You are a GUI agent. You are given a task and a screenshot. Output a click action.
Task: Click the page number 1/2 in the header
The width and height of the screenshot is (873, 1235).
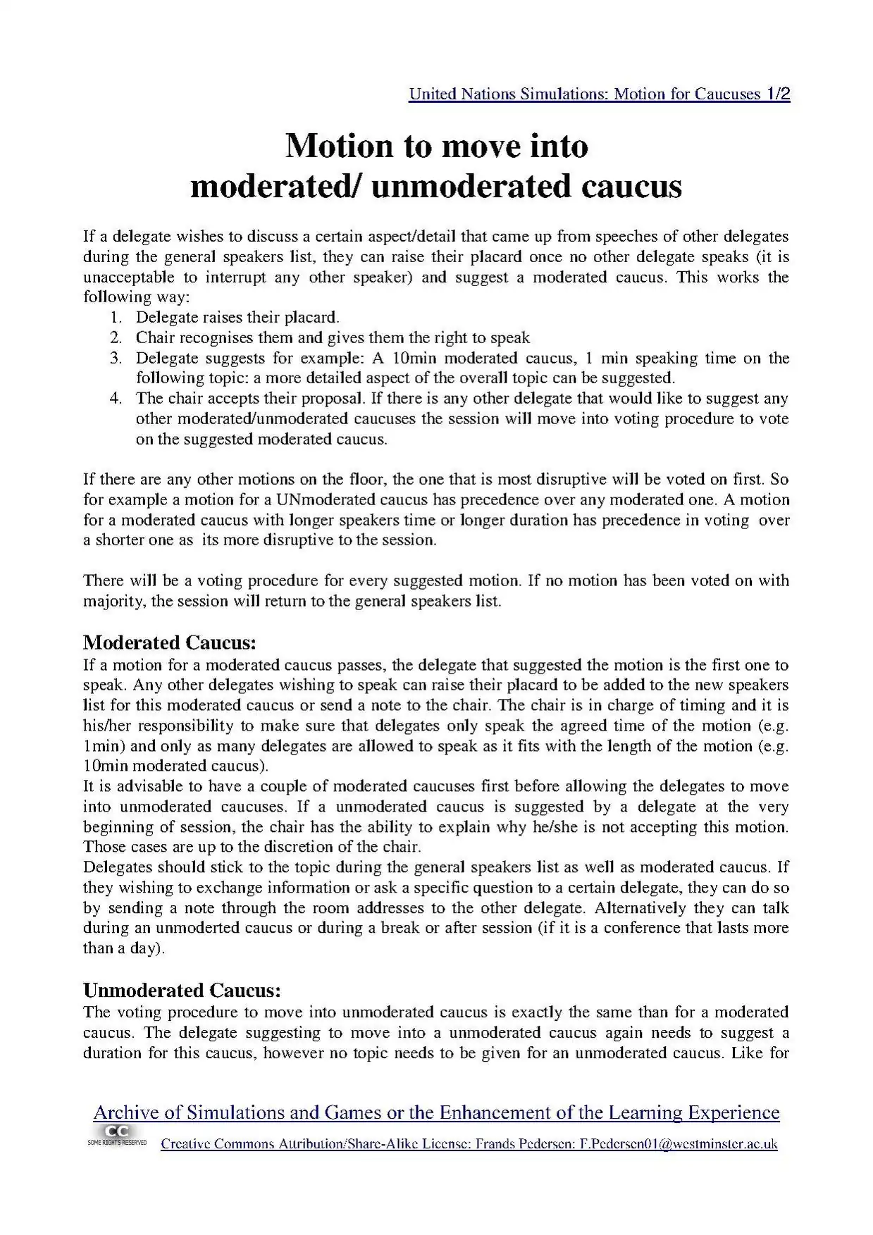[777, 94]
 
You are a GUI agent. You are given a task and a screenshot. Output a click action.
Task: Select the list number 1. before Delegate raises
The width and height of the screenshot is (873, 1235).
[116, 318]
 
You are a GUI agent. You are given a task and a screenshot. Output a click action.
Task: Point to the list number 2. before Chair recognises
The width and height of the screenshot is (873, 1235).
[116, 338]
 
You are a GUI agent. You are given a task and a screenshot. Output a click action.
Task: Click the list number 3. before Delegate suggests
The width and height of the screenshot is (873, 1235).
[116, 359]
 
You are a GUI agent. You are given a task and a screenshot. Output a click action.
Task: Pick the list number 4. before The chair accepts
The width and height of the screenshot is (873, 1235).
[116, 399]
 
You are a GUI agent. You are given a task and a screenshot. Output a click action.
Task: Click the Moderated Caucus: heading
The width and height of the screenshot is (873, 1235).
[169, 643]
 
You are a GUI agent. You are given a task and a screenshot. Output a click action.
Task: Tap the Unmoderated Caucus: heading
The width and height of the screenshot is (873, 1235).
[182, 991]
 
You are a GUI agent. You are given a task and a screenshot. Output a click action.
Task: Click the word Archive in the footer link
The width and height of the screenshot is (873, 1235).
[126, 1113]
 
